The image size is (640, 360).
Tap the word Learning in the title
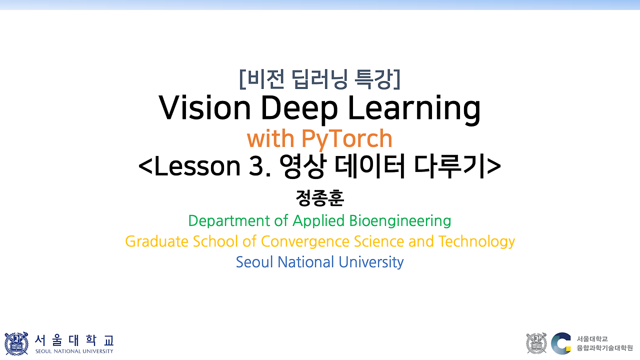coord(414,108)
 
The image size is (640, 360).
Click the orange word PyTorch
coord(346,139)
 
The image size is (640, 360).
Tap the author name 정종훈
coord(320,197)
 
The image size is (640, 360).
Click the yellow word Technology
coord(476,241)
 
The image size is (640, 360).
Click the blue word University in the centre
coord(371,262)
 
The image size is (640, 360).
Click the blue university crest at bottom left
coord(16,343)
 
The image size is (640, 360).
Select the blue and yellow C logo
coord(561,343)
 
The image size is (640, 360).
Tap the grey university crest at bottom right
coord(536,343)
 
